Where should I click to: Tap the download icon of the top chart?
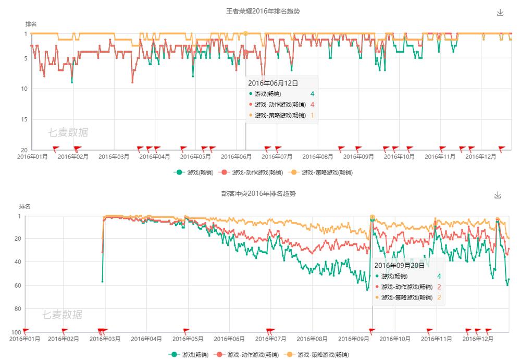pyautogui.click(x=500, y=13)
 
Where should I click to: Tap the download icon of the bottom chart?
pyautogui.click(x=498, y=195)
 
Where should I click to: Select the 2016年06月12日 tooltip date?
pyautogui.click(x=272, y=83)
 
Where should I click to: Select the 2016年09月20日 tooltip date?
pyautogui.click(x=400, y=266)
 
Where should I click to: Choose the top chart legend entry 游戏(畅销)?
pyautogui.click(x=195, y=172)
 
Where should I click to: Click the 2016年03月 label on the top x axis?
pyautogui.click(x=114, y=156)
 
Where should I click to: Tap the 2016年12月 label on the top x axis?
pyautogui.click(x=480, y=156)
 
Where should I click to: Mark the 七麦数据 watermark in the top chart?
pyautogui.click(x=68, y=133)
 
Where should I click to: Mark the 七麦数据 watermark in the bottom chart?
pyautogui.click(x=62, y=315)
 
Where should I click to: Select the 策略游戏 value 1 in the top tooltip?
pyautogui.click(x=313, y=116)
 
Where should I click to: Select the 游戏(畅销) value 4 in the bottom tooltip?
pyautogui.click(x=439, y=276)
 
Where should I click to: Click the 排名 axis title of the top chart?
pyautogui.click(x=31, y=24)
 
